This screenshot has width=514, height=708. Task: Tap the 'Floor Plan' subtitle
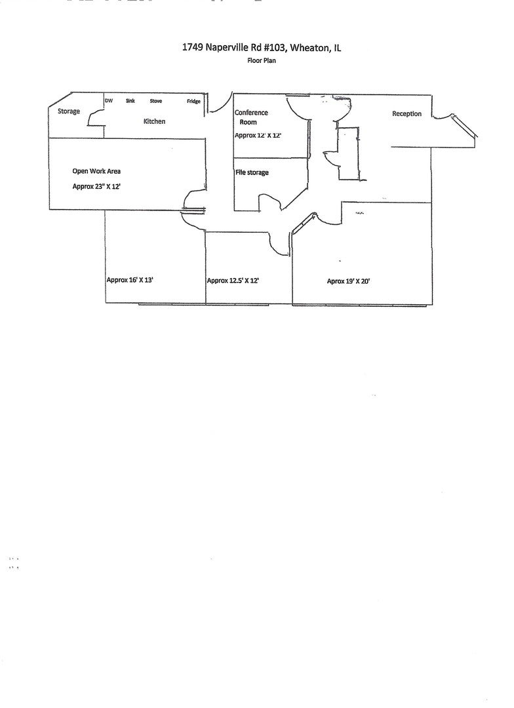[x=261, y=60]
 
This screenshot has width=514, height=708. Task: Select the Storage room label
[x=69, y=111]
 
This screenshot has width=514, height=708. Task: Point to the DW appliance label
[x=109, y=101]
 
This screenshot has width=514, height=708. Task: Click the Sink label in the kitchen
[x=130, y=101]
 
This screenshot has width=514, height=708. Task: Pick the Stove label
[x=156, y=101]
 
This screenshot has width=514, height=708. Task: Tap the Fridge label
[x=193, y=101]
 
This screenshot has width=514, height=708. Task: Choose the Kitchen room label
[x=154, y=121]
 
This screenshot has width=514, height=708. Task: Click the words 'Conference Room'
[x=250, y=117]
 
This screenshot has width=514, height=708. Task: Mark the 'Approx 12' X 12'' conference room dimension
[x=258, y=135]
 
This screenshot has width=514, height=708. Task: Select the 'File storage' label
[x=252, y=172]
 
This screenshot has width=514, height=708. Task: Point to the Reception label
[x=406, y=114]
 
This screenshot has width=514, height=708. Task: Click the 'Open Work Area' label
[x=96, y=171]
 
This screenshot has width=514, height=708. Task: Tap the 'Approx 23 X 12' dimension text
[x=96, y=186]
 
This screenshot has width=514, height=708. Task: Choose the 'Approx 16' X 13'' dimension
[x=130, y=280]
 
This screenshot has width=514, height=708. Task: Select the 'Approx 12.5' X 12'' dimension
[x=233, y=281]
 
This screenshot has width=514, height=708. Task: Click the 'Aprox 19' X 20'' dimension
[x=349, y=281]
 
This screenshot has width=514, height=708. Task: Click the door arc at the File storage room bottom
[x=271, y=202]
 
